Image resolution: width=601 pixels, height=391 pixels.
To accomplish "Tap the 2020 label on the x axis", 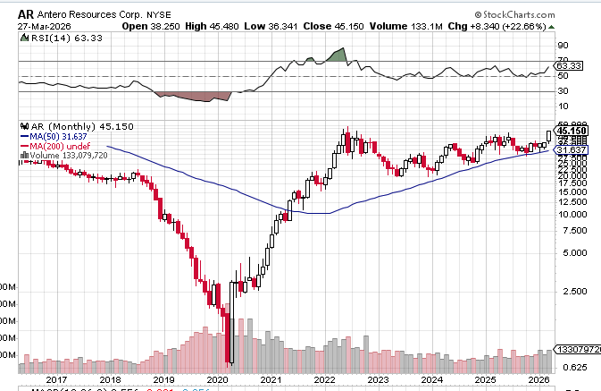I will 217,379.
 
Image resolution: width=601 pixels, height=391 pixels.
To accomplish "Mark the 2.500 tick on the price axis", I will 577,291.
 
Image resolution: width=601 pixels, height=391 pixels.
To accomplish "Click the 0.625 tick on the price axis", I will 577,366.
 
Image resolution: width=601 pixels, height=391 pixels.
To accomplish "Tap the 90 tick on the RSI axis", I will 563,45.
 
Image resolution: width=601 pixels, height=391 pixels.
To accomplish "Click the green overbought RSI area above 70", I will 336,55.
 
